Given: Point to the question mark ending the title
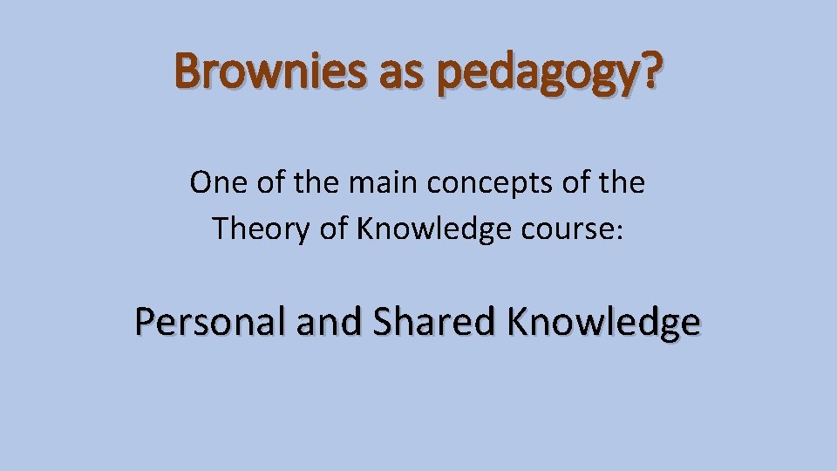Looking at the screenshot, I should click(646, 71).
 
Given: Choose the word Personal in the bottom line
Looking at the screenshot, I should click(210, 322).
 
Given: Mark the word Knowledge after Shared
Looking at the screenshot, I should click(603, 323).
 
